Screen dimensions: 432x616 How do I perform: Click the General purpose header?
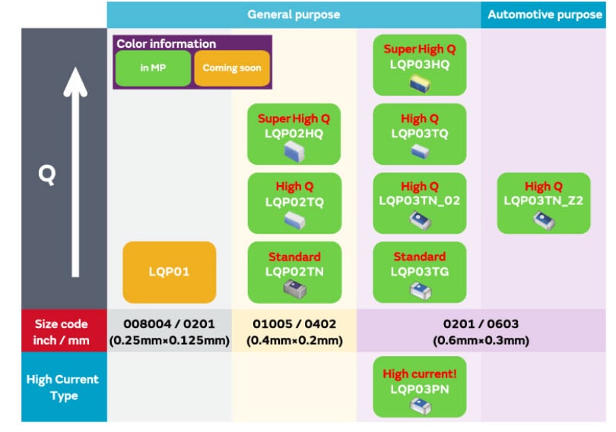click(294, 14)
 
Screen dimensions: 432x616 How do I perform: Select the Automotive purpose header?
click(544, 14)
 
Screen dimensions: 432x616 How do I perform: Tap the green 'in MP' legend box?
click(154, 68)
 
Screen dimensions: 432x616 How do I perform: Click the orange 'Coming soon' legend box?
click(232, 68)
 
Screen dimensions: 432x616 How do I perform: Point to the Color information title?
click(166, 44)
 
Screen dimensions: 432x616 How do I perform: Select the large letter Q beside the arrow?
click(47, 175)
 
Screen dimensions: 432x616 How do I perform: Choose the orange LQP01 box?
click(169, 272)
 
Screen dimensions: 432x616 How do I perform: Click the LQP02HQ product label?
click(294, 134)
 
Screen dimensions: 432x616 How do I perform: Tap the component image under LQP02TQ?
click(294, 220)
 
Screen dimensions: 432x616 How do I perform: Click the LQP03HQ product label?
click(420, 65)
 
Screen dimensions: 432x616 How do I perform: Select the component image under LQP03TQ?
click(420, 152)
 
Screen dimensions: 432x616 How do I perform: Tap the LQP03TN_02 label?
click(420, 201)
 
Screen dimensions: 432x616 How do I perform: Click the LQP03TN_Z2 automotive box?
click(544, 203)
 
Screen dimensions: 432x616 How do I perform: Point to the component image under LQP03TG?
click(420, 289)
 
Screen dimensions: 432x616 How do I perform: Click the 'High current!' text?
click(419, 374)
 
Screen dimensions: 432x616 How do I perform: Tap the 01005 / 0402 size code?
click(294, 324)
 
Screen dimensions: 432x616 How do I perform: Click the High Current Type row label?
click(63, 387)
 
